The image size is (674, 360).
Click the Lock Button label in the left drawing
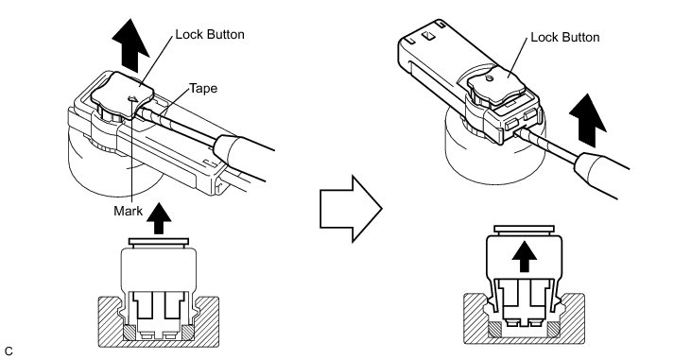pyautogui.click(x=210, y=34)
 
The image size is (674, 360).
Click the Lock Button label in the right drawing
pyautogui.click(x=565, y=38)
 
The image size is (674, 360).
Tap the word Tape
pyautogui.click(x=203, y=89)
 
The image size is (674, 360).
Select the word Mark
pyautogui.click(x=129, y=211)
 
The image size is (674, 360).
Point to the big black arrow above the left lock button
pyautogui.click(x=130, y=45)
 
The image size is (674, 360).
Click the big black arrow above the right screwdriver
pyautogui.click(x=588, y=121)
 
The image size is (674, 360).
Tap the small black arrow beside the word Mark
pyautogui.click(x=159, y=218)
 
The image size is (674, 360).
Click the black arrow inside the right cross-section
pyautogui.click(x=525, y=256)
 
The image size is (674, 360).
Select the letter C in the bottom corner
pyautogui.click(x=9, y=351)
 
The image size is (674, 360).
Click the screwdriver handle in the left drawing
pyautogui.click(x=243, y=158)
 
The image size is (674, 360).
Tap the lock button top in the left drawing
pyautogui.click(x=123, y=94)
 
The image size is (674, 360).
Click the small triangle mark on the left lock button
pyautogui.click(x=133, y=99)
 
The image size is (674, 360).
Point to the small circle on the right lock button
pyautogui.click(x=489, y=78)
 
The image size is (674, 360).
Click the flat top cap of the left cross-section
pyautogui.click(x=159, y=242)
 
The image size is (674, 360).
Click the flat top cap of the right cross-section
pyautogui.click(x=524, y=230)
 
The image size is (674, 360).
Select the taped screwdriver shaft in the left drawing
pyautogui.click(x=179, y=127)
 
